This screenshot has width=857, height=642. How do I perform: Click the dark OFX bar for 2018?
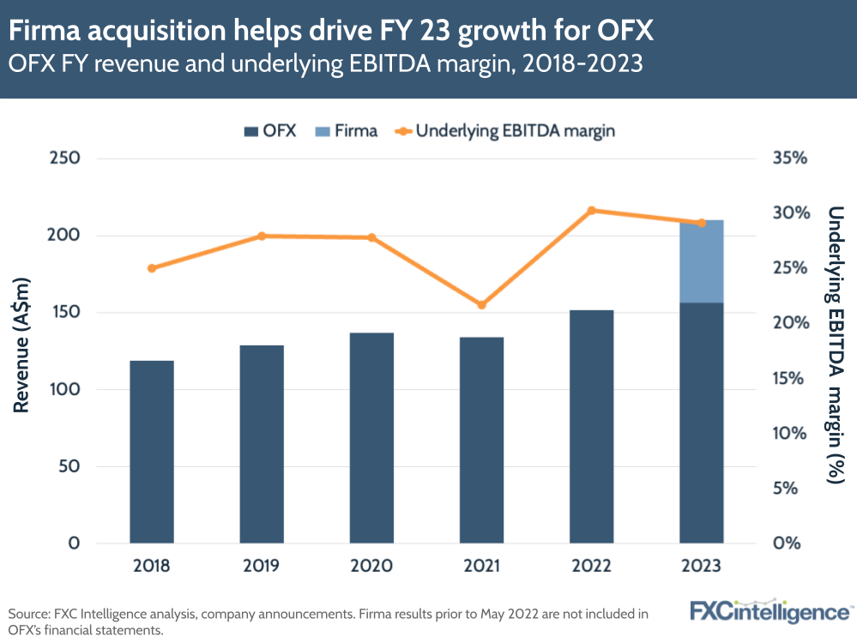(x=152, y=452)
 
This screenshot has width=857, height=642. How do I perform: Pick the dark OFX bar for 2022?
(x=591, y=426)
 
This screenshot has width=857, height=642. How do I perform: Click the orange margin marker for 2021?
(x=481, y=305)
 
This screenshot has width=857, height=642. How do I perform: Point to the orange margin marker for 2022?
(x=591, y=211)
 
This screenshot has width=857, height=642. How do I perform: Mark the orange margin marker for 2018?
(x=152, y=268)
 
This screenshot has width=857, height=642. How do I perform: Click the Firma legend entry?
(x=348, y=131)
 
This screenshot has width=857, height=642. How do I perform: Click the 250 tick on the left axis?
(x=65, y=159)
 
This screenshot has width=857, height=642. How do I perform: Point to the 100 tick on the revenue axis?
(x=65, y=390)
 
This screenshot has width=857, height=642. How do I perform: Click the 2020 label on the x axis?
(x=371, y=567)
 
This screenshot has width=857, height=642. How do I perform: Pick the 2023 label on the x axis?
(x=702, y=567)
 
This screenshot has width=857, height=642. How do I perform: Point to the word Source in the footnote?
(x=28, y=614)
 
